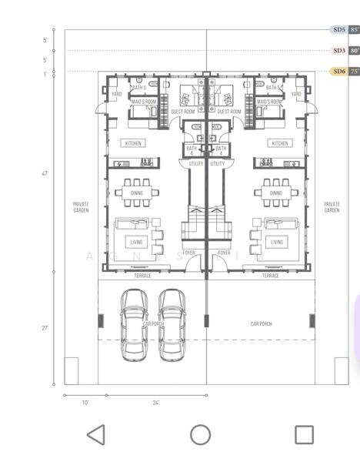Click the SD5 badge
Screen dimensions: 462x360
338,30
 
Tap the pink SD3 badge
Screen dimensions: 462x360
338,51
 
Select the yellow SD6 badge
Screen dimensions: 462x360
338,72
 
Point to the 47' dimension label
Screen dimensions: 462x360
45,174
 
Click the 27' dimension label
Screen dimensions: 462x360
45,328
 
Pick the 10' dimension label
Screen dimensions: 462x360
85,403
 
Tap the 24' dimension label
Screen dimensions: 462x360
156,403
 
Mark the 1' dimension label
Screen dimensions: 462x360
45,74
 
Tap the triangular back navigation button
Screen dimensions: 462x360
95,435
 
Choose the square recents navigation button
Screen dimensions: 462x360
304,435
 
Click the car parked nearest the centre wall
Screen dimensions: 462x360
174,324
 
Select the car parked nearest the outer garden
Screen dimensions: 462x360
135,324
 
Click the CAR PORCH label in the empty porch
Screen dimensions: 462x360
261,324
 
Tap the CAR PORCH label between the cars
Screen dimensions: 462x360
153,325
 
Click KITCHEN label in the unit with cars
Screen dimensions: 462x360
133,143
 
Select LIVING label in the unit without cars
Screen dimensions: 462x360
276,242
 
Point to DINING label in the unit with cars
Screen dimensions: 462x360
136,193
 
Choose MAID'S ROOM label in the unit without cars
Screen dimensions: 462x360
268,102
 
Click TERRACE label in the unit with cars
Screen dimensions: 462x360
142,276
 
